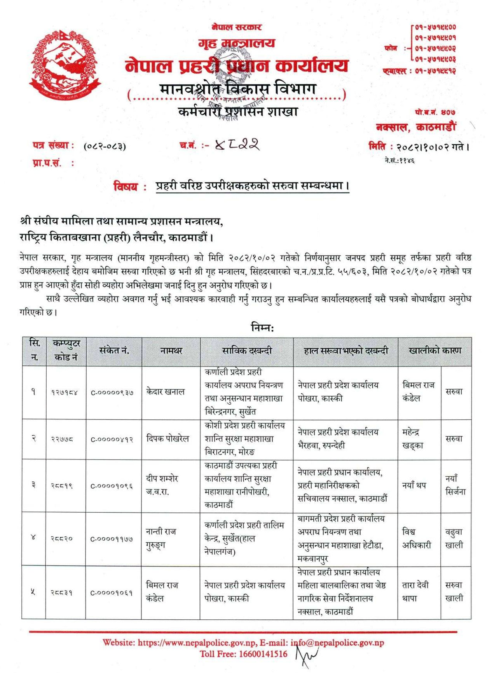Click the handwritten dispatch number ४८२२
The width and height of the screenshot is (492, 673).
tap(237, 145)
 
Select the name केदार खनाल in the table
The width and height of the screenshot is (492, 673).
tap(165, 392)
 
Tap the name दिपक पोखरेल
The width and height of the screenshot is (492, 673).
tap(167, 439)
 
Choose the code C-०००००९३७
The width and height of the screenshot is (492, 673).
tap(112, 393)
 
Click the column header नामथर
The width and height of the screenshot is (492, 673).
tap(171, 351)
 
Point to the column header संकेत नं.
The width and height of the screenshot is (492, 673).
tap(114, 351)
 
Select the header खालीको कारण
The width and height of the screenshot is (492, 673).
tap(434, 351)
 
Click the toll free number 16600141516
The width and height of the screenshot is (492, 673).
tap(263, 654)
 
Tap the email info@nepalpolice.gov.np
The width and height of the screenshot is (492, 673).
tap(337, 643)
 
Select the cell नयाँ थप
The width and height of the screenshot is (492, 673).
tap(414, 485)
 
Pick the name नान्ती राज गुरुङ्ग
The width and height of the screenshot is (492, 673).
tap(161, 538)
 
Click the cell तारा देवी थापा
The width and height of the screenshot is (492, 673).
tap(415, 591)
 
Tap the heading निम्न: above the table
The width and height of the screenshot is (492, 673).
tap(263, 328)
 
